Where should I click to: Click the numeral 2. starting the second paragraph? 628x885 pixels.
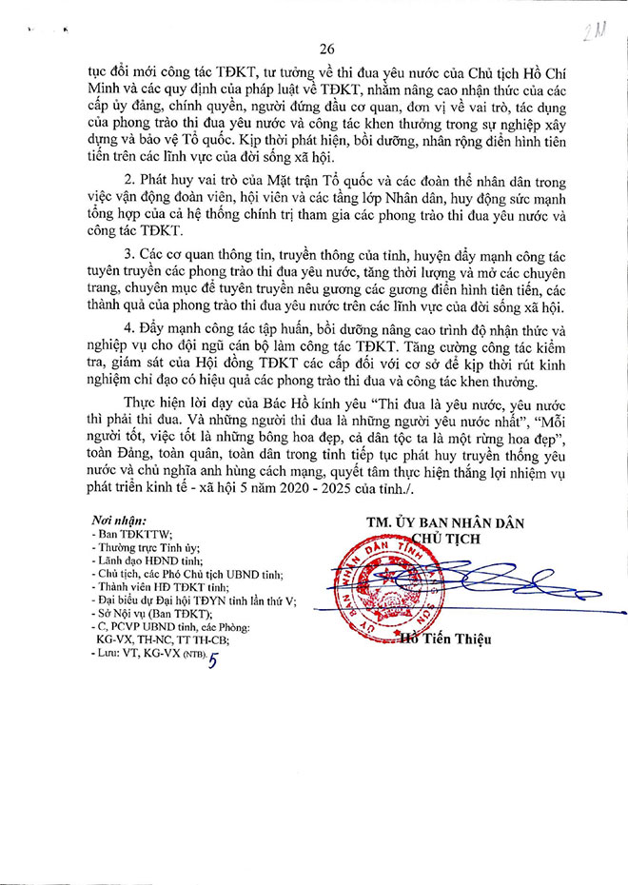tap(129, 180)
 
